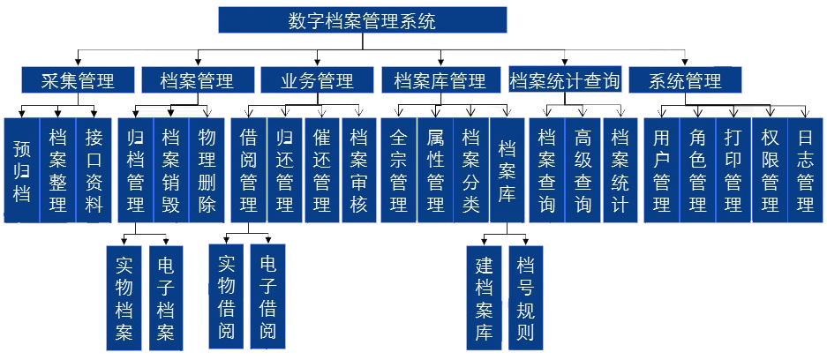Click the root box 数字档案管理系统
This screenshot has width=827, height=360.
coord(362,20)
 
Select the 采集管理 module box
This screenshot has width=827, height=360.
coord(78,81)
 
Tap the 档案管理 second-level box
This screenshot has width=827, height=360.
coord(197,81)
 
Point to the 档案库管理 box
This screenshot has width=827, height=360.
coord(440,81)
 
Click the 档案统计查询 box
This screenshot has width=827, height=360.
coord(565,81)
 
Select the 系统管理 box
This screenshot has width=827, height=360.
coord(685,81)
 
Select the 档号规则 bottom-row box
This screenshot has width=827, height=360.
coord(525,298)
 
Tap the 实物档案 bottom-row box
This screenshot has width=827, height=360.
coord(124,298)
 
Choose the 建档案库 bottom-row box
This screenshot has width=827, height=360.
coord(484,298)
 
